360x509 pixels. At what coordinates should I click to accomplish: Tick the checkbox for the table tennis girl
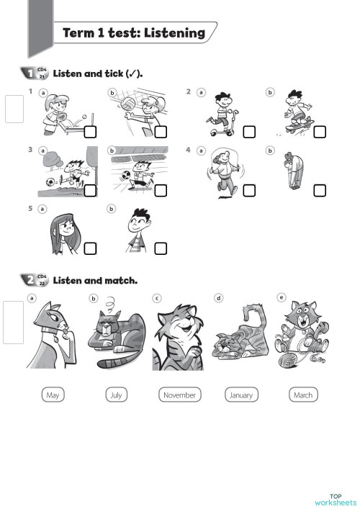click(x=91, y=132)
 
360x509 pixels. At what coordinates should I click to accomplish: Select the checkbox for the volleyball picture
click(x=161, y=132)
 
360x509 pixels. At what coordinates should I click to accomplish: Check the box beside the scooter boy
click(x=249, y=132)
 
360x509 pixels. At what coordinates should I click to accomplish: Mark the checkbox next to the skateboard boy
click(x=319, y=132)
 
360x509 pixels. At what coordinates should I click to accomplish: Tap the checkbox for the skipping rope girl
click(x=249, y=190)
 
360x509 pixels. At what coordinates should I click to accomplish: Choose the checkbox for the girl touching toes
click(x=319, y=190)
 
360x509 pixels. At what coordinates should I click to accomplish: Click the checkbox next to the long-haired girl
click(x=91, y=248)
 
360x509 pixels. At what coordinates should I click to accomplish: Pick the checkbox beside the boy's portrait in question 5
click(x=161, y=248)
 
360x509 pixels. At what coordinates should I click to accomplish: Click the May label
click(x=53, y=395)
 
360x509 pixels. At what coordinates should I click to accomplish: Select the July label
click(x=115, y=395)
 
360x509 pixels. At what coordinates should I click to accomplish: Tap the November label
click(x=179, y=395)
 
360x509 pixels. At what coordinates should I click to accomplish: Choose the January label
click(x=241, y=395)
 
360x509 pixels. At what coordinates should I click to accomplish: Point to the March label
click(x=303, y=395)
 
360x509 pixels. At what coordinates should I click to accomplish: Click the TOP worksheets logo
click(x=336, y=498)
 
